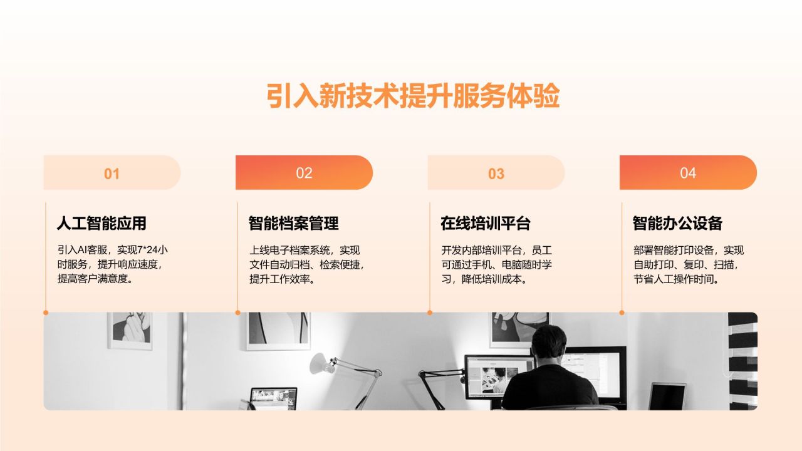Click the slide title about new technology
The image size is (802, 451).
[412, 96]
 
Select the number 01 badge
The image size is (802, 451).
[112, 174]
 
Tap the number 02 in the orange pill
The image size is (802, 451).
[304, 173]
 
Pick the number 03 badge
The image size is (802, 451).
[496, 174]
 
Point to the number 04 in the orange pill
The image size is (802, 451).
[688, 173]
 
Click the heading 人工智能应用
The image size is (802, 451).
[102, 223]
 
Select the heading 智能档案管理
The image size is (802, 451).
[293, 223]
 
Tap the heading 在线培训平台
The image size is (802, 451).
[486, 223]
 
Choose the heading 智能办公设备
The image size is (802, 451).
[677, 223]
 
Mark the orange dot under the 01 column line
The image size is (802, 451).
[46, 312]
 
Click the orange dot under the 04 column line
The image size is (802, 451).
[622, 312]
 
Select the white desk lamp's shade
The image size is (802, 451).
[318, 362]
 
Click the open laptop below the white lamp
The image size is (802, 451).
[273, 398]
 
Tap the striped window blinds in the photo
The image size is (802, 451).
[742, 360]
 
